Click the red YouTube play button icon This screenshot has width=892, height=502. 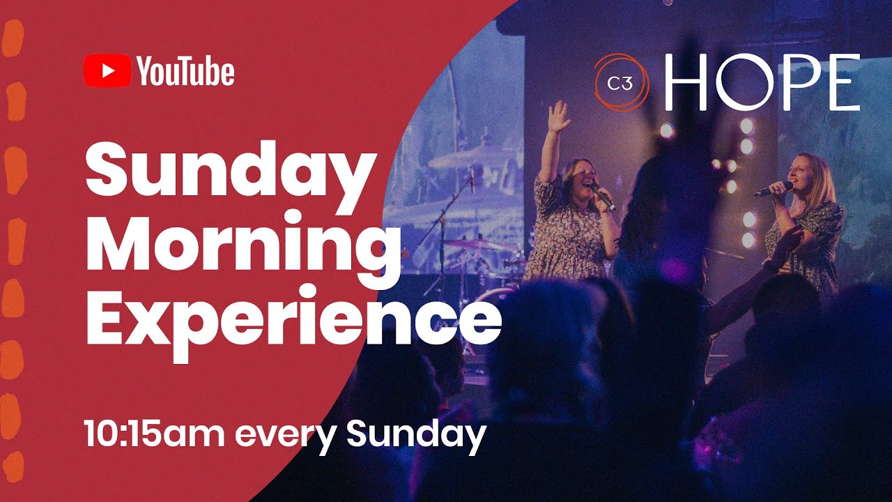tap(107, 72)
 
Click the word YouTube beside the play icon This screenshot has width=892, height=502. tap(185, 73)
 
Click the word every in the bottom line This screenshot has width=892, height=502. tap(286, 435)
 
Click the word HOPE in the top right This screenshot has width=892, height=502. tap(762, 82)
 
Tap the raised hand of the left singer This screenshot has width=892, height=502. tap(558, 116)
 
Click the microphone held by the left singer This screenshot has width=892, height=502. tap(603, 197)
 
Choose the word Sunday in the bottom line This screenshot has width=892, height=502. tap(416, 434)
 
